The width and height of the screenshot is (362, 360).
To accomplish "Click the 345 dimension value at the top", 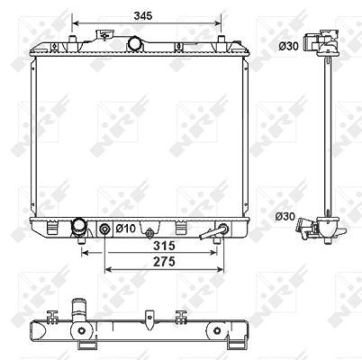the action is pos(143,15).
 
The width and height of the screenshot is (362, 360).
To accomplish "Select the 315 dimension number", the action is pos(164,246).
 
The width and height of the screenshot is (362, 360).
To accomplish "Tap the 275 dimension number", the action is pos(164,262).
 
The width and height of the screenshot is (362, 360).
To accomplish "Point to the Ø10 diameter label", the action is pos(125,229).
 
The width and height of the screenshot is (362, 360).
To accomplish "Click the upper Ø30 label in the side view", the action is pos(288,46).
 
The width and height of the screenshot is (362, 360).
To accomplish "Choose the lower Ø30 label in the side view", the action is pos(285,216).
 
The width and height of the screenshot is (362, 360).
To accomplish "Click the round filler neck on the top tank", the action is pos(135,44).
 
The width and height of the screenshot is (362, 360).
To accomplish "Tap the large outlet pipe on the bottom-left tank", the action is pos(78,228).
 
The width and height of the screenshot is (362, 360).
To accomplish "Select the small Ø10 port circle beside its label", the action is pos(104,229).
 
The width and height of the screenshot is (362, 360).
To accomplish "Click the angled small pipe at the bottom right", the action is pos(212,233).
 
